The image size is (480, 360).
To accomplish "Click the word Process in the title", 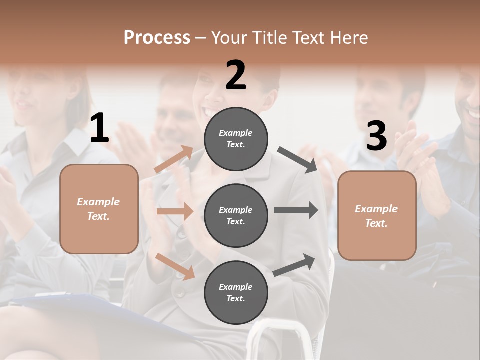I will [157, 38].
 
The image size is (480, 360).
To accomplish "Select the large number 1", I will [99, 128].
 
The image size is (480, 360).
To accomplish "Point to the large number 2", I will [236, 75].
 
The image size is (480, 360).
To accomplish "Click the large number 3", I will [376, 136].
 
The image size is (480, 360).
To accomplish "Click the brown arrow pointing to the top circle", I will [174, 159].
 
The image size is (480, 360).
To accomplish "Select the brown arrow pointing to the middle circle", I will [175, 211].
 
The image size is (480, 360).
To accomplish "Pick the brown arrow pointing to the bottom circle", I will [175, 266].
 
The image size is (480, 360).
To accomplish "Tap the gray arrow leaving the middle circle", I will [296, 210].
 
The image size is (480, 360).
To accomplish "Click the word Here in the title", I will [349, 38].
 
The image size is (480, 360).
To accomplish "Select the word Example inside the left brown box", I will [98, 202].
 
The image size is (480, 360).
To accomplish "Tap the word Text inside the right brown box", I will [375, 223].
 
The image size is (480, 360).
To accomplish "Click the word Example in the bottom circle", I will [235, 287].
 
